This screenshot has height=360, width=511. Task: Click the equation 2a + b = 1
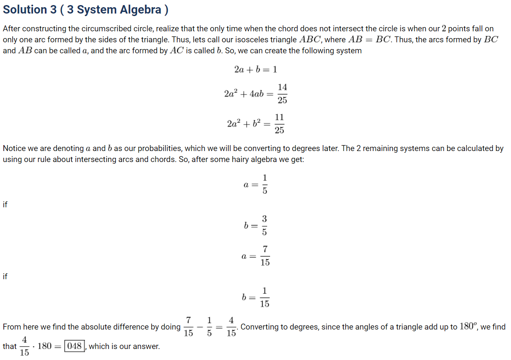click(255, 69)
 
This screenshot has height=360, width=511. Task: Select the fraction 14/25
click(282, 93)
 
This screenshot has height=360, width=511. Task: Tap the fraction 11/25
click(279, 124)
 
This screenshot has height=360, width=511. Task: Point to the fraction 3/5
click(264, 226)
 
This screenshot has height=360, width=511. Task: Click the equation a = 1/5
click(255, 184)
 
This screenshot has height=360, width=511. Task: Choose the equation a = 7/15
click(255, 256)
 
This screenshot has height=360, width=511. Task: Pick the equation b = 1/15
click(255, 297)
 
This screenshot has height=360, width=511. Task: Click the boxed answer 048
click(74, 346)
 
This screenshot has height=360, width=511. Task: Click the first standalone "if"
click(5, 205)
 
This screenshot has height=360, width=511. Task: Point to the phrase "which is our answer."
click(124, 346)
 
